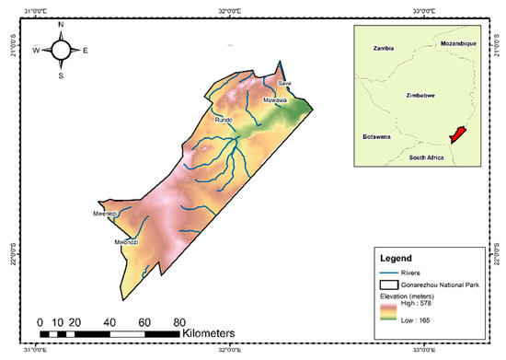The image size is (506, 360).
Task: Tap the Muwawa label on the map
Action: pyautogui.click(x=274, y=99)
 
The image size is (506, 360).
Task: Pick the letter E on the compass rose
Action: pyautogui.click(x=86, y=51)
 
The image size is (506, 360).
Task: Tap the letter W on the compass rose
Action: pyautogui.click(x=37, y=51)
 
